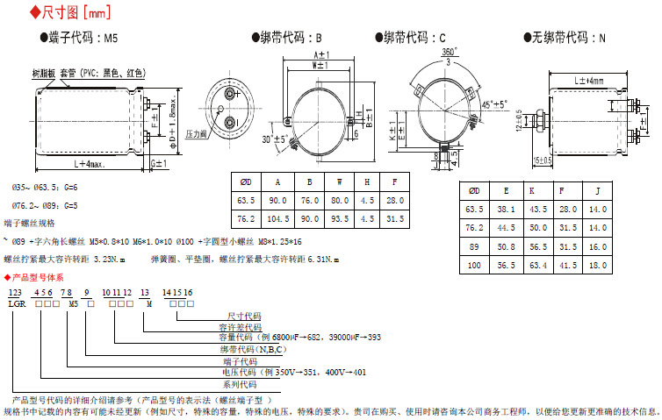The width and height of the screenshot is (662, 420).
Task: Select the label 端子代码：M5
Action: point(78,38)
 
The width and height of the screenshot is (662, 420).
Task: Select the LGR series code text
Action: point(17,303)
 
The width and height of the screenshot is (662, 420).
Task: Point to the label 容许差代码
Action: point(243,326)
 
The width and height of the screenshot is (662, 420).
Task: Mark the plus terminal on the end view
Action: point(233,92)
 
